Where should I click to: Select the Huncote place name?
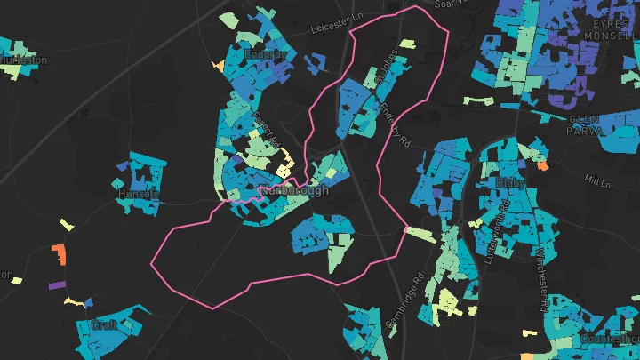coord(139,193)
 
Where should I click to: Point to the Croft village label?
coord(104,325)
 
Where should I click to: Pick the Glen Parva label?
coord(588,124)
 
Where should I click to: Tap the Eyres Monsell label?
coord(612,28)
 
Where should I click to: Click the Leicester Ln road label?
coord(339,28)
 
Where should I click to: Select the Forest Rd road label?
coord(268,130)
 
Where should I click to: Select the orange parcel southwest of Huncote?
coord(59,253)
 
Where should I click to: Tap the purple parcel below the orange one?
coord(56,285)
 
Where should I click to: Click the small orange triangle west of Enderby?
coord(218,65)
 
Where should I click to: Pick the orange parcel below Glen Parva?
coord(541,164)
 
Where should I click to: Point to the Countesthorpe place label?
coord(609,339)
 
